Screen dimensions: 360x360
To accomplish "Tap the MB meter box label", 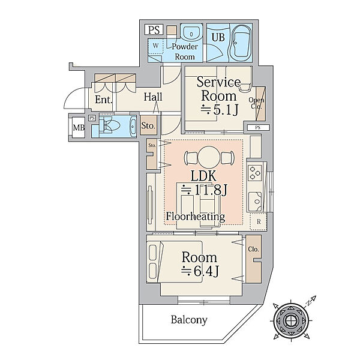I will click(x=78, y=127).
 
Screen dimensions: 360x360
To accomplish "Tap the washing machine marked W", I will click(x=156, y=46).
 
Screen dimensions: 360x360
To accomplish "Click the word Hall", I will click(x=154, y=97).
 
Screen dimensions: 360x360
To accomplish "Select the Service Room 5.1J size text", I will click(x=220, y=109).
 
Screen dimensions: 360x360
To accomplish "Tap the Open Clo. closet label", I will click(x=256, y=104).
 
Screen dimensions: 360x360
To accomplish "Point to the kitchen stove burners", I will click(x=254, y=172).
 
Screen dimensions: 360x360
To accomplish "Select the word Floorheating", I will click(x=196, y=216).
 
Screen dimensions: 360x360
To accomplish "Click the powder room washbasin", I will click(x=191, y=34).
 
